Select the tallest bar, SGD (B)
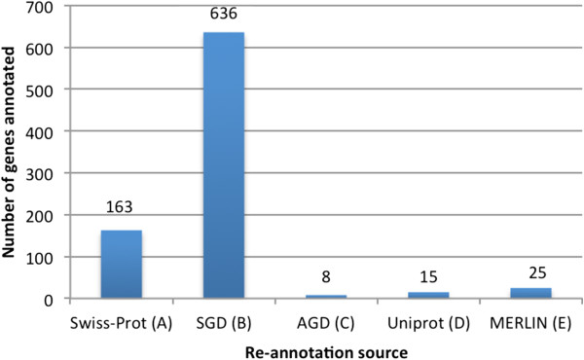(x=224, y=165)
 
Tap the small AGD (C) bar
(x=326, y=296)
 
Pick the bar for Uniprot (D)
(x=428, y=295)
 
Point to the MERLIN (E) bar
(x=530, y=293)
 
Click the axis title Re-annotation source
(x=325, y=345)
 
